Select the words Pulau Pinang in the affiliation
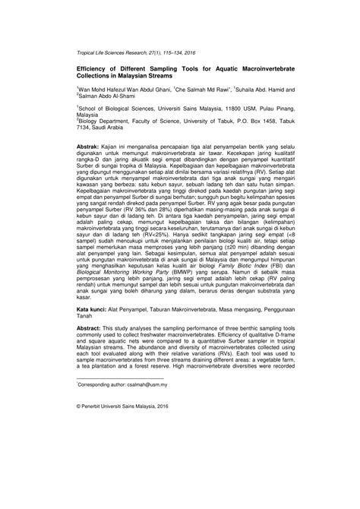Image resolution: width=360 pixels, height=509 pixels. click(261, 109)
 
